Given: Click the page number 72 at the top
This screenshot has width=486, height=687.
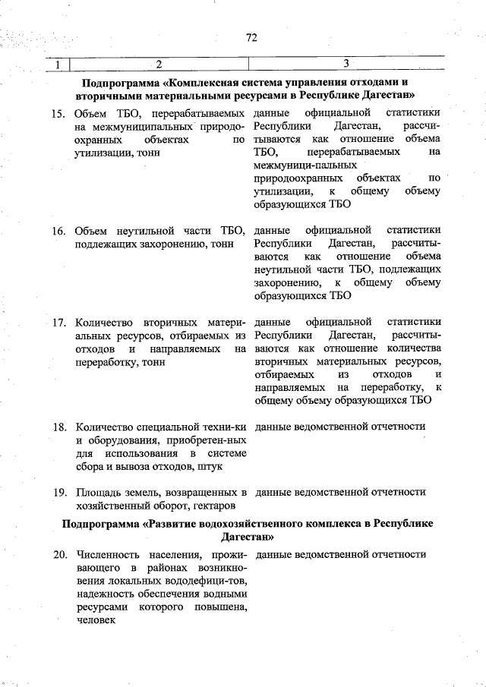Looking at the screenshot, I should (x=251, y=37).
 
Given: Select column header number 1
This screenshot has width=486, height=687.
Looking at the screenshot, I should (x=58, y=64).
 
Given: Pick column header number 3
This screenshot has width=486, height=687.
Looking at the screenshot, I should (x=346, y=64).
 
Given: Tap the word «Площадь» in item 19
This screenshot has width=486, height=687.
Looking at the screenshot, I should (x=98, y=492).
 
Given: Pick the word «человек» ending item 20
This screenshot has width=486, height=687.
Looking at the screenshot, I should (x=95, y=621).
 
